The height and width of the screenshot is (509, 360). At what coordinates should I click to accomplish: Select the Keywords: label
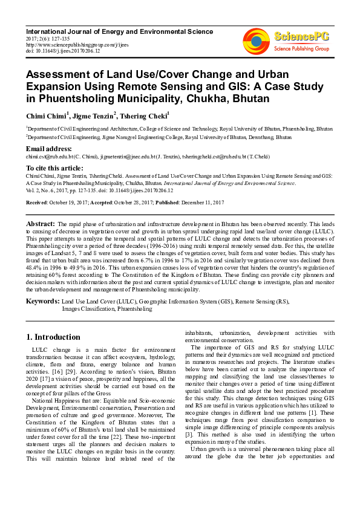pyautogui.click(x=42, y=300)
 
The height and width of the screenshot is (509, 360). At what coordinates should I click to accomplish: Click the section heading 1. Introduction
pyautogui.click(x=53, y=337)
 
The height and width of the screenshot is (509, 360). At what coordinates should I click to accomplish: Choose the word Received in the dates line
pyautogui.click(x=38, y=202)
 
